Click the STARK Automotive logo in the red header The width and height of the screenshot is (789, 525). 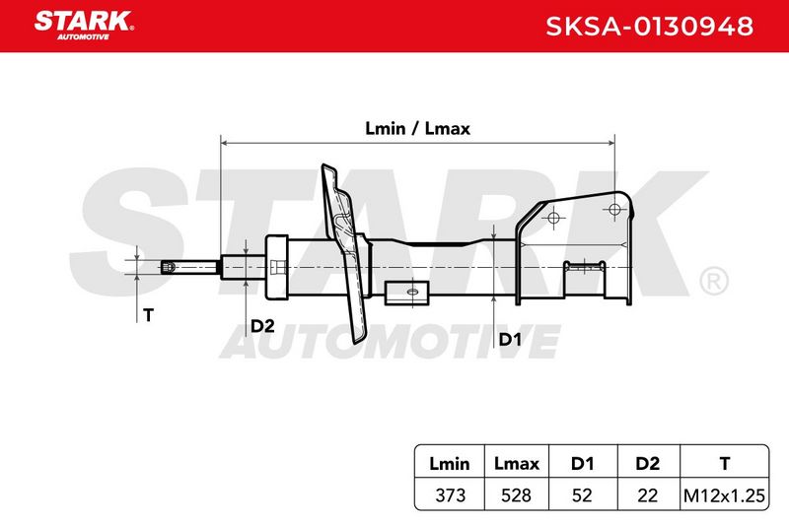tap(84, 26)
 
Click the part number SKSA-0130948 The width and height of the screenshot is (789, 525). tap(649, 27)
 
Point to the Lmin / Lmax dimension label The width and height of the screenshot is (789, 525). tap(417, 129)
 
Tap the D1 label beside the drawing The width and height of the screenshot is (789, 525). tap(510, 340)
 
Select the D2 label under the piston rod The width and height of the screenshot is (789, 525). tap(262, 326)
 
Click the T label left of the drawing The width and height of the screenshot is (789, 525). tap(148, 315)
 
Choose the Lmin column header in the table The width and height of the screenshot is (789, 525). tap(449, 463)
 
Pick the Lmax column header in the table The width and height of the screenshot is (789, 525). tap(516, 463)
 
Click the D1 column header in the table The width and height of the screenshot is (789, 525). tap(582, 463)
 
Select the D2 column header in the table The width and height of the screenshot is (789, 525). tap(647, 463)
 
